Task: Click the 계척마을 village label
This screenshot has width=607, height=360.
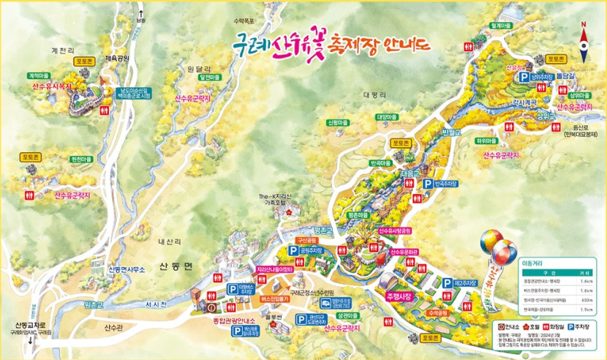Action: (x=37, y=75)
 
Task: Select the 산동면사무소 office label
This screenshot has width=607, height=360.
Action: (x=129, y=269)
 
